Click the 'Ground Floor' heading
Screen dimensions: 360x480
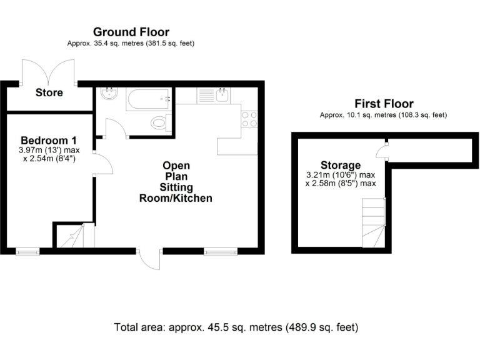(131, 32)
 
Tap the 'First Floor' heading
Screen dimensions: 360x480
(384, 104)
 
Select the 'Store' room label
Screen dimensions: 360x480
(49, 92)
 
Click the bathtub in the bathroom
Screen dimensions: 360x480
(149, 99)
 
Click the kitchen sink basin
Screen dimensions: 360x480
(222, 96)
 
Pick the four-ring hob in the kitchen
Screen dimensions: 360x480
(249, 119)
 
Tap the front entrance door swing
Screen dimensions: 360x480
(149, 259)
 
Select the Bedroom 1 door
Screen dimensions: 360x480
(102, 165)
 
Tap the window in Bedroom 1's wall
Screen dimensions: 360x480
(27, 252)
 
